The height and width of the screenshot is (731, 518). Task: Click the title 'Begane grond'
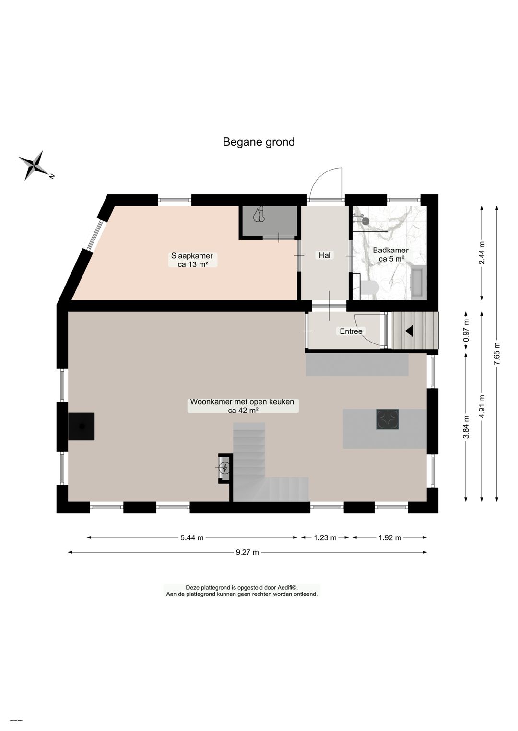[x=259, y=142]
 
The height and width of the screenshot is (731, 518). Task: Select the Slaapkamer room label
[x=192, y=260]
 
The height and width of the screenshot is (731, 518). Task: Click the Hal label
[x=325, y=255]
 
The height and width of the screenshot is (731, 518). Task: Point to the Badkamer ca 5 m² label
[x=390, y=254]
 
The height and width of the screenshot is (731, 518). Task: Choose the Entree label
[x=351, y=331]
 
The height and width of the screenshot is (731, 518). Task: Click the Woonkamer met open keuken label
[x=242, y=406]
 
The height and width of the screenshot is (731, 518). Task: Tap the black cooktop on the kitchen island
[x=387, y=420]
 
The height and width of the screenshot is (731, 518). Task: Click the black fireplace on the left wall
[x=81, y=426]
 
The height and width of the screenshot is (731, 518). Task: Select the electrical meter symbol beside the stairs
[x=224, y=468]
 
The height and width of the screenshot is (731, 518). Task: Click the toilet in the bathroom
[x=369, y=287]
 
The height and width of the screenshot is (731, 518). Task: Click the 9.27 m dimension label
[x=247, y=552]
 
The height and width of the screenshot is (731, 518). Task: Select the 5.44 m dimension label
[x=192, y=537]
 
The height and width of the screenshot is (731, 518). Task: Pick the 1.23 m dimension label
[x=325, y=537]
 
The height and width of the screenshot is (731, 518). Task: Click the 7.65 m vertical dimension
[x=497, y=354]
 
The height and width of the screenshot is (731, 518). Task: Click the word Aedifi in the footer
[x=287, y=588]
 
